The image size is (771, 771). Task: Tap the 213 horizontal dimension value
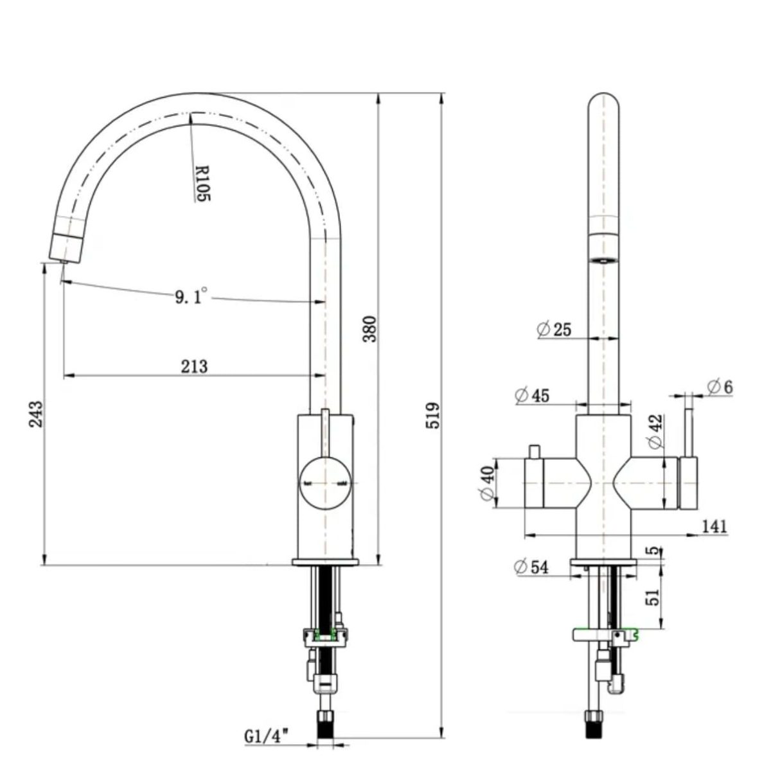tap(194, 366)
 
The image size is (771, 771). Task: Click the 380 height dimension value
tap(371, 328)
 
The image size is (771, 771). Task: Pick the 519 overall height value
tap(434, 415)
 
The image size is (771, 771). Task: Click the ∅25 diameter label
tap(553, 330)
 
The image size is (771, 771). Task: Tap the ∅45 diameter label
tap(532, 396)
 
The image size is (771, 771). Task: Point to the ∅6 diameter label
tap(719, 387)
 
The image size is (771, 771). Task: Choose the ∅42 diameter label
tap(655, 432)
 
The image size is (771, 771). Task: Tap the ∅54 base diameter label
tap(531, 567)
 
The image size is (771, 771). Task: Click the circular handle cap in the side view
tap(325, 483)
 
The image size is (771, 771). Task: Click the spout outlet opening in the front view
tap(604, 260)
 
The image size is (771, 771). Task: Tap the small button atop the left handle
tap(533, 452)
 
